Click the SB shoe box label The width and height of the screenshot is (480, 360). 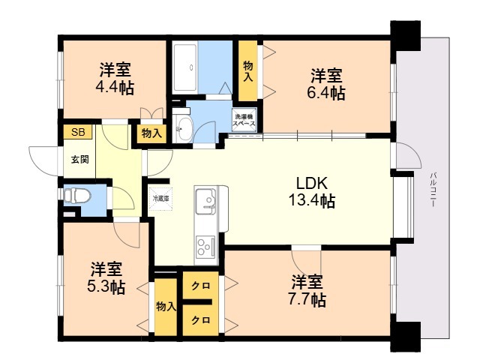pos(78,133)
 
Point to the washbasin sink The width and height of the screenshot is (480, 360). pos(183,126)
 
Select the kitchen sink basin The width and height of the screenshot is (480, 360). pos(205,201)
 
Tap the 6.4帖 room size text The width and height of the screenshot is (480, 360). pos(327,93)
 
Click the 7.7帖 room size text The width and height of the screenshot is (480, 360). pos(307,299)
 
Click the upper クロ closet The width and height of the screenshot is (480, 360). pos(200,286)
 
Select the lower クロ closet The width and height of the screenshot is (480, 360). pos(200,319)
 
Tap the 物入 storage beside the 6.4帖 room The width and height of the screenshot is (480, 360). pos(248,71)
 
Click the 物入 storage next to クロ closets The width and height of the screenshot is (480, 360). pos(166,307)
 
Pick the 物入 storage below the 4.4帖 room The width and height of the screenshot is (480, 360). pos(151,133)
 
